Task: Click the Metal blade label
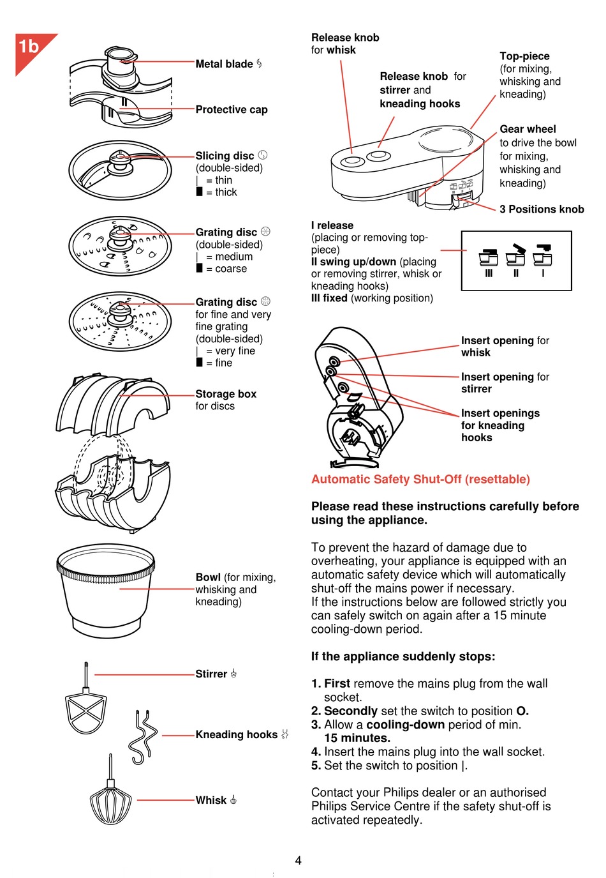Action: (224, 64)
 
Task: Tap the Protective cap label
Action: (231, 110)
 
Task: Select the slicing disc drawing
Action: (120, 170)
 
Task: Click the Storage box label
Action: (226, 394)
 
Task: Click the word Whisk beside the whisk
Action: (211, 800)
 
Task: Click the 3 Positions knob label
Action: (542, 209)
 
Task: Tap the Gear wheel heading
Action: (528, 129)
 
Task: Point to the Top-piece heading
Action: (524, 56)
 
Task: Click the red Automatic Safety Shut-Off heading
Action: (420, 480)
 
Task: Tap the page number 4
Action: (298, 861)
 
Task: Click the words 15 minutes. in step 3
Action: (357, 738)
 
